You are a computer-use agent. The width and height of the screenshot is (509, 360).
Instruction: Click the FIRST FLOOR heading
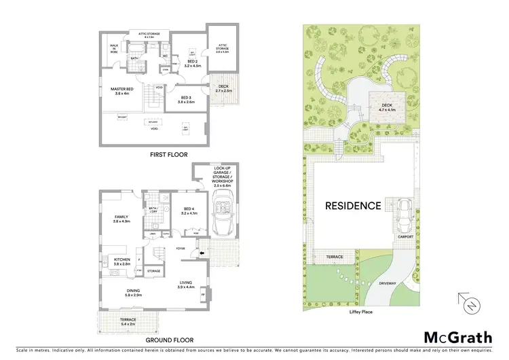pos(168,156)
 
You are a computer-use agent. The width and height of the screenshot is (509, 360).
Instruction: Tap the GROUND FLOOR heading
pos(168,340)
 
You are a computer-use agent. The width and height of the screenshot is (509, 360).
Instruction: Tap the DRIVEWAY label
pos(388,283)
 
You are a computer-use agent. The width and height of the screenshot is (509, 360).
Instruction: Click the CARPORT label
pos(406,237)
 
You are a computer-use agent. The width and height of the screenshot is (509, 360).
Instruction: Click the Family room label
pos(121,219)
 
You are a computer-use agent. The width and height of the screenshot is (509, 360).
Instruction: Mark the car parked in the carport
pos(402,212)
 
